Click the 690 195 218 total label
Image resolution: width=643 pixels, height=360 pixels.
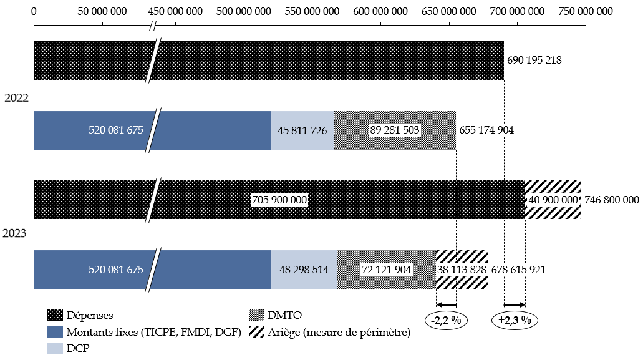[x=534, y=61]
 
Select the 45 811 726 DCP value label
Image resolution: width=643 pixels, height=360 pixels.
[x=302, y=130]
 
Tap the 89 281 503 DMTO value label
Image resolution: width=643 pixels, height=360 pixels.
[x=394, y=130]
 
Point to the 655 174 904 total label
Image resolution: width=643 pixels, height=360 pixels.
[x=486, y=130]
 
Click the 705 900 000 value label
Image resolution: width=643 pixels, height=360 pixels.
[x=279, y=200]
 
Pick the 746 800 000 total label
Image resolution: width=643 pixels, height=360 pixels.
[x=611, y=200]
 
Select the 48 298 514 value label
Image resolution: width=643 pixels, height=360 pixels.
[x=304, y=270]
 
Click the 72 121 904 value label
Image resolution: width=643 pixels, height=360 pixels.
[x=387, y=270]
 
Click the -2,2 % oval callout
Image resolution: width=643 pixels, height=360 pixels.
[x=447, y=321]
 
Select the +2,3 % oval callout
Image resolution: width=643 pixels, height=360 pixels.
[x=515, y=321]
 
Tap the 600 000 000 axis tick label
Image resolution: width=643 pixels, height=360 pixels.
[x=380, y=11]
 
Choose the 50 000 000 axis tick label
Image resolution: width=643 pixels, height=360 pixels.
[x=102, y=11]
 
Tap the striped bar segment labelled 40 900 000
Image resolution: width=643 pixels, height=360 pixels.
[x=553, y=200]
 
